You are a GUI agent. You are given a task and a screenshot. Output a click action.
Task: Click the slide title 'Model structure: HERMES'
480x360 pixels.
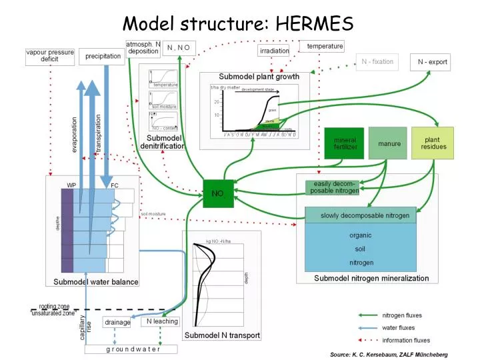(x=238, y=24)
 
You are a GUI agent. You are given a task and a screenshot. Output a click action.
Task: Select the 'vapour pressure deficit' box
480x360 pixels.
(x=51, y=56)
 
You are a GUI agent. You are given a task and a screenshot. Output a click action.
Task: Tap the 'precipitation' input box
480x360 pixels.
(x=103, y=57)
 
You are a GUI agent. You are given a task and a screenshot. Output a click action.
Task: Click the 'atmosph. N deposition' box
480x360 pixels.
(x=143, y=48)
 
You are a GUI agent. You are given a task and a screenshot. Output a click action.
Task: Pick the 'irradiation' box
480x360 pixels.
(x=274, y=51)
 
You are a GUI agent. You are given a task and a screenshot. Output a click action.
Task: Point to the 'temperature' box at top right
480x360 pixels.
(x=325, y=46)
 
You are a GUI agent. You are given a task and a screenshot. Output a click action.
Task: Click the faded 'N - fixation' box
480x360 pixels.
(x=377, y=62)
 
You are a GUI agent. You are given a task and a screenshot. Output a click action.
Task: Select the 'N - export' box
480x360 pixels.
(x=433, y=62)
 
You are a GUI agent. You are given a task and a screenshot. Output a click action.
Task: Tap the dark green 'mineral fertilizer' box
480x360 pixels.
(x=344, y=143)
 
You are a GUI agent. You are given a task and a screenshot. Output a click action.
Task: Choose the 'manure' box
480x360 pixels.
(x=389, y=143)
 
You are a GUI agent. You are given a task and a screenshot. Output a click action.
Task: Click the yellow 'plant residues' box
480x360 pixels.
(x=432, y=143)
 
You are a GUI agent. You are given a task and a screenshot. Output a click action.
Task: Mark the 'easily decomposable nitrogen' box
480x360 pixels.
(x=332, y=187)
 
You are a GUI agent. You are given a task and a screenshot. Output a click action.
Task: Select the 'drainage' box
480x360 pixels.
(x=117, y=322)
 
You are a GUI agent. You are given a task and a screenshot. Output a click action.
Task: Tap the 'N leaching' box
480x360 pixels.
(x=162, y=321)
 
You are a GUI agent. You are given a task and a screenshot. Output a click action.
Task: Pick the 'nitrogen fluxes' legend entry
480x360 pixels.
(x=401, y=315)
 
